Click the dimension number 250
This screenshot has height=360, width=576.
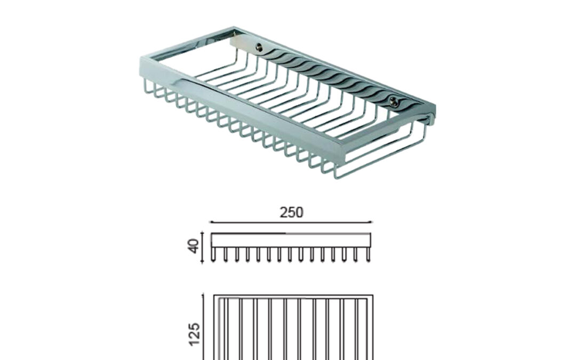tap(291, 212)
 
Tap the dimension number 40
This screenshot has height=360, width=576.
tap(193, 246)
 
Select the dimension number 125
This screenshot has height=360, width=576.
tap(194, 334)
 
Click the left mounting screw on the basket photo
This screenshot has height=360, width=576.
tap(259, 46)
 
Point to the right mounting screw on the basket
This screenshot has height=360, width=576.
tap(394, 101)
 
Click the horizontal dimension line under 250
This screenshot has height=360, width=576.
tap(291, 222)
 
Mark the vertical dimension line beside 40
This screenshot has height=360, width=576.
tap(203, 247)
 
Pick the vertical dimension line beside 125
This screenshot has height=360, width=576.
tap(203, 327)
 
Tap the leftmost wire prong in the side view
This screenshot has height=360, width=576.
tap(213, 254)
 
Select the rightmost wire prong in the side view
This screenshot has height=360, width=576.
tap(369, 254)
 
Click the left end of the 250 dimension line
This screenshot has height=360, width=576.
tap(210, 222)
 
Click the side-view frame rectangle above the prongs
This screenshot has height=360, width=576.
tap(291, 240)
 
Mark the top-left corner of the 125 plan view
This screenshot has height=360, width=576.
tap(214, 295)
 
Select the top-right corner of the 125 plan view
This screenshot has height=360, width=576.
tap(373, 295)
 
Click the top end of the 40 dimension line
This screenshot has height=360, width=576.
tap(203, 232)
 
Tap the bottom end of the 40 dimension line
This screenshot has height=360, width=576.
tap(203, 263)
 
